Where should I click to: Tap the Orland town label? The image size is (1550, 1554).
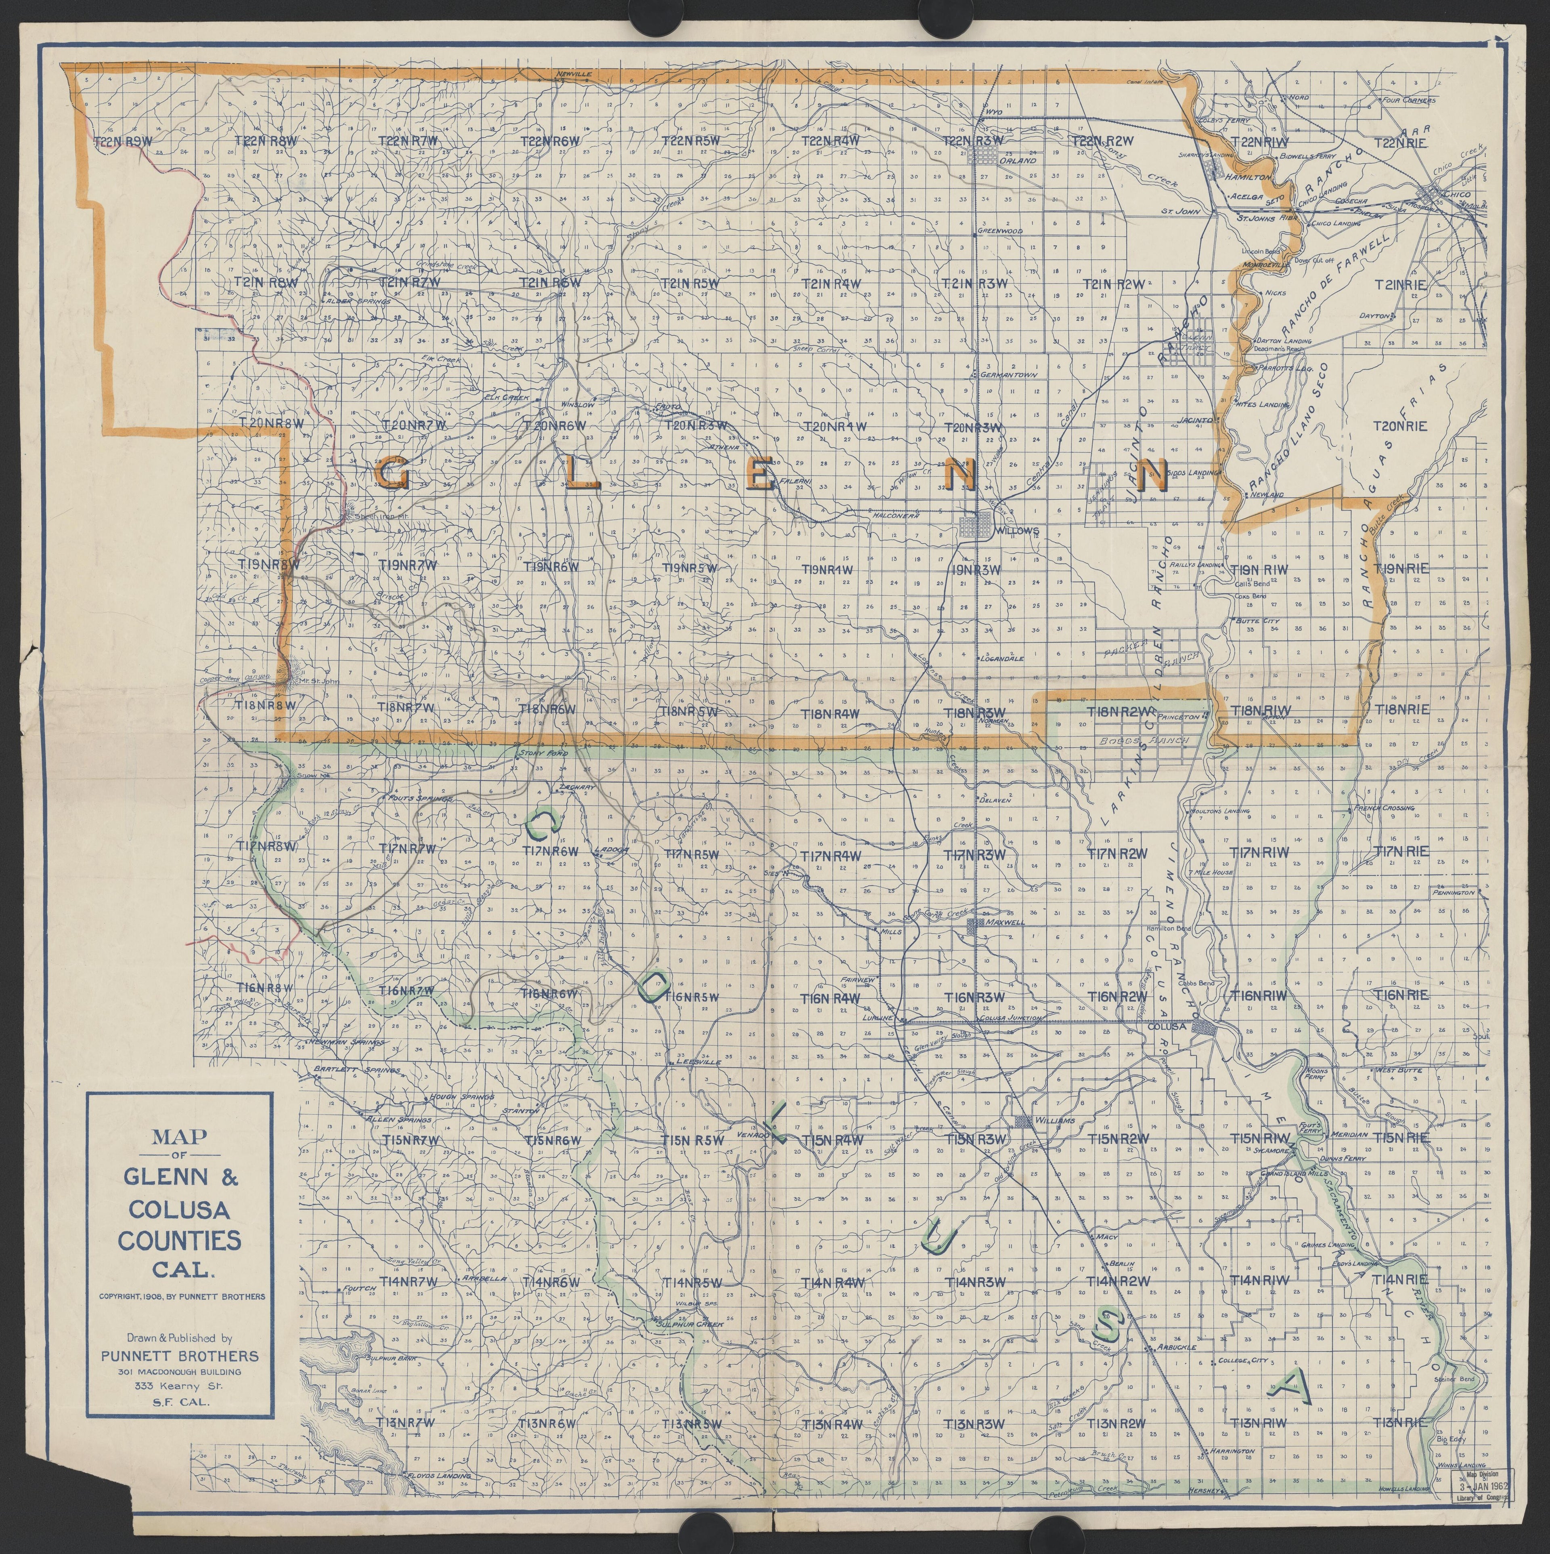(x=1018, y=160)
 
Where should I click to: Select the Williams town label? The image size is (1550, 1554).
(x=1056, y=1121)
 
